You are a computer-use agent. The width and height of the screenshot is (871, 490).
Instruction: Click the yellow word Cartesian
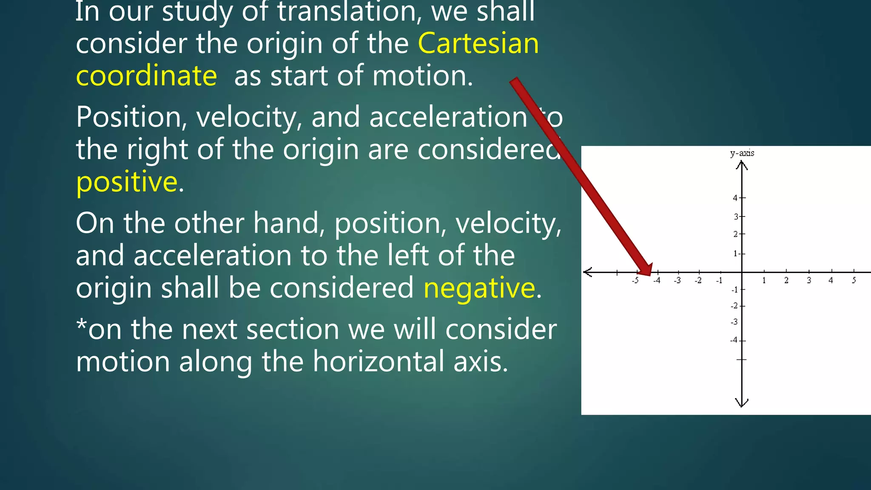478,43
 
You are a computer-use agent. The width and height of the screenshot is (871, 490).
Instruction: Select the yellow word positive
127,182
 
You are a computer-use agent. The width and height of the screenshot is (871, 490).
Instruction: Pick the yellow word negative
479,288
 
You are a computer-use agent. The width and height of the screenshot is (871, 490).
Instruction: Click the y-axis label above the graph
742,153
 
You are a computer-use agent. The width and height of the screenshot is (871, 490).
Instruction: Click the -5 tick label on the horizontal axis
635,280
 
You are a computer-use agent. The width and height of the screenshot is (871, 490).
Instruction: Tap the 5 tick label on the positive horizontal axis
854,280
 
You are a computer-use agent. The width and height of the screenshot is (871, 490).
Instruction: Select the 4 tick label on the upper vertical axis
735,198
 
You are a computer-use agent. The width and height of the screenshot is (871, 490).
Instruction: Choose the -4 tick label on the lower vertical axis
734,340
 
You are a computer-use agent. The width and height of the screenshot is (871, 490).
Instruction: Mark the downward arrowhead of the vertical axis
742,403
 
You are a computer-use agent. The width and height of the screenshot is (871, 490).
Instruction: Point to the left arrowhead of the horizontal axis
588,272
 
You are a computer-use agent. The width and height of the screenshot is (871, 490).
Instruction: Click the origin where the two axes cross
742,272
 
